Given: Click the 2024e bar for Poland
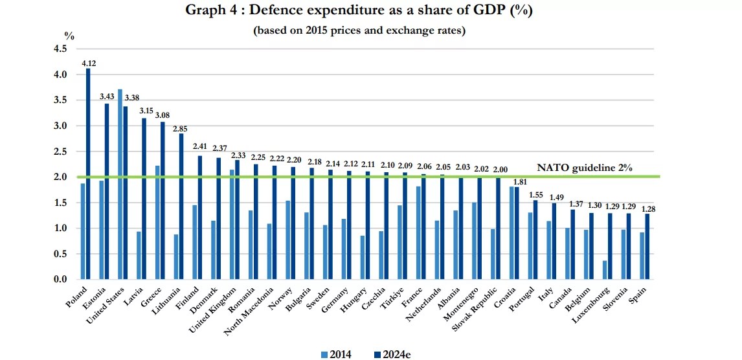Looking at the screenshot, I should pyautogui.click(x=88, y=175).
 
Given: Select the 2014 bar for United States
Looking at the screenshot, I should pyautogui.click(x=120, y=185).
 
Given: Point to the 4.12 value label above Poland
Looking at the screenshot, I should pyautogui.click(x=89, y=63).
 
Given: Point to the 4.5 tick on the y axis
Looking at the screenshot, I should pyautogui.click(x=60, y=49).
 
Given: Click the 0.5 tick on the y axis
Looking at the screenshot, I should pyautogui.click(x=60, y=254).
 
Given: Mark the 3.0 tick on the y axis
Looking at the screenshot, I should pyautogui.click(x=60, y=126).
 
